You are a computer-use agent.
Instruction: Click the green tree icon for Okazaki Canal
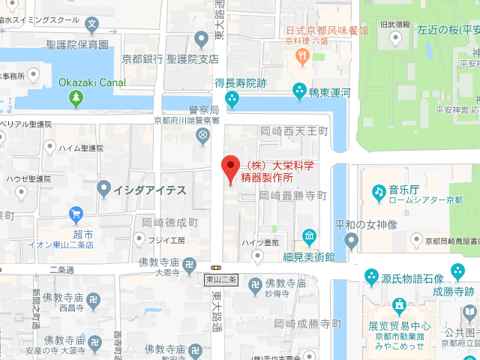74,97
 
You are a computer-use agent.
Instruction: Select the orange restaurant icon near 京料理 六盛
302,55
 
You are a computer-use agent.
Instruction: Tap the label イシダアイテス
148,190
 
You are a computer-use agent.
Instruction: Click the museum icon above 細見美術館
309,238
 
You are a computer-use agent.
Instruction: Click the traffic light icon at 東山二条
217,267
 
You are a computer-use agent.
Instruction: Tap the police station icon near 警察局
202,135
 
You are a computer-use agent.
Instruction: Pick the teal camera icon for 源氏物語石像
370,277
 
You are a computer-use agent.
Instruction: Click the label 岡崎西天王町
294,131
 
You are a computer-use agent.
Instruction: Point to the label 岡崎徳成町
169,223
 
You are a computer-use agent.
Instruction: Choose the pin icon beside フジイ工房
138,239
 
